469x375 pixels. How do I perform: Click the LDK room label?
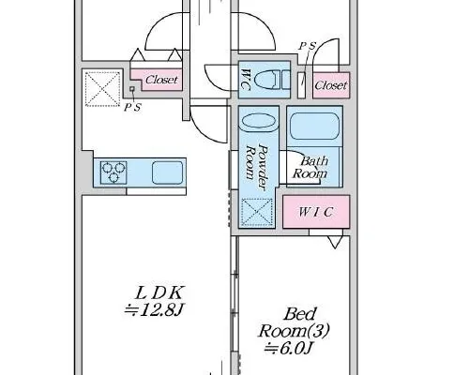[159, 293]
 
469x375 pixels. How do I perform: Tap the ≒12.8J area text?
[153, 310]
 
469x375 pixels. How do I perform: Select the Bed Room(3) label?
[294, 322]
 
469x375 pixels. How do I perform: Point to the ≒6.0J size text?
[288, 348]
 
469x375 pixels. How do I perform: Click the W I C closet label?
[315, 212]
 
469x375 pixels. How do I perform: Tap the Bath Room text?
[310, 167]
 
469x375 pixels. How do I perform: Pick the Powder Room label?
[257, 167]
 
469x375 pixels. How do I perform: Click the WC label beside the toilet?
[246, 80]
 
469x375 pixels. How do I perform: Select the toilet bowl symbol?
[266, 80]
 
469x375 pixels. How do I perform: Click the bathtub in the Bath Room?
[314, 127]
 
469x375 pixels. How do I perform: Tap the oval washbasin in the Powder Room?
[259, 121]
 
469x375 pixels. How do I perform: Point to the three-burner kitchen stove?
[113, 172]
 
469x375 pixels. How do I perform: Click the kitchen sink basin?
[167, 172]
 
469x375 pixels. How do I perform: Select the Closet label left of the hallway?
[161, 80]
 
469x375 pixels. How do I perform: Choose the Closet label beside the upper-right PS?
[331, 85]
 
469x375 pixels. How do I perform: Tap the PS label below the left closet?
[132, 108]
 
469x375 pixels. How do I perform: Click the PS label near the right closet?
[308, 46]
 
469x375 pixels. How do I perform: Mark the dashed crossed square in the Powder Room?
[257, 212]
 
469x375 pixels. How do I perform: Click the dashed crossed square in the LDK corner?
[103, 89]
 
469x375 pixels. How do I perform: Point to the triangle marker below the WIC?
[335, 242]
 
